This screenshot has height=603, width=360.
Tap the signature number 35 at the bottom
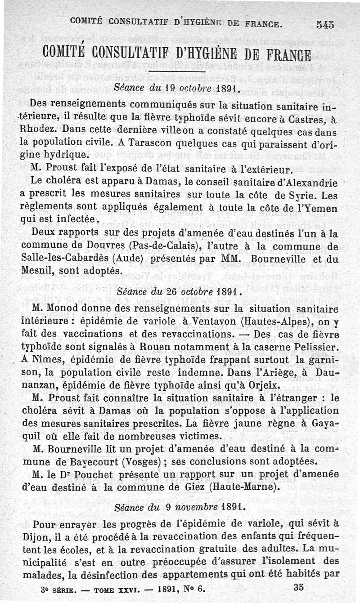coord(299,587)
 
